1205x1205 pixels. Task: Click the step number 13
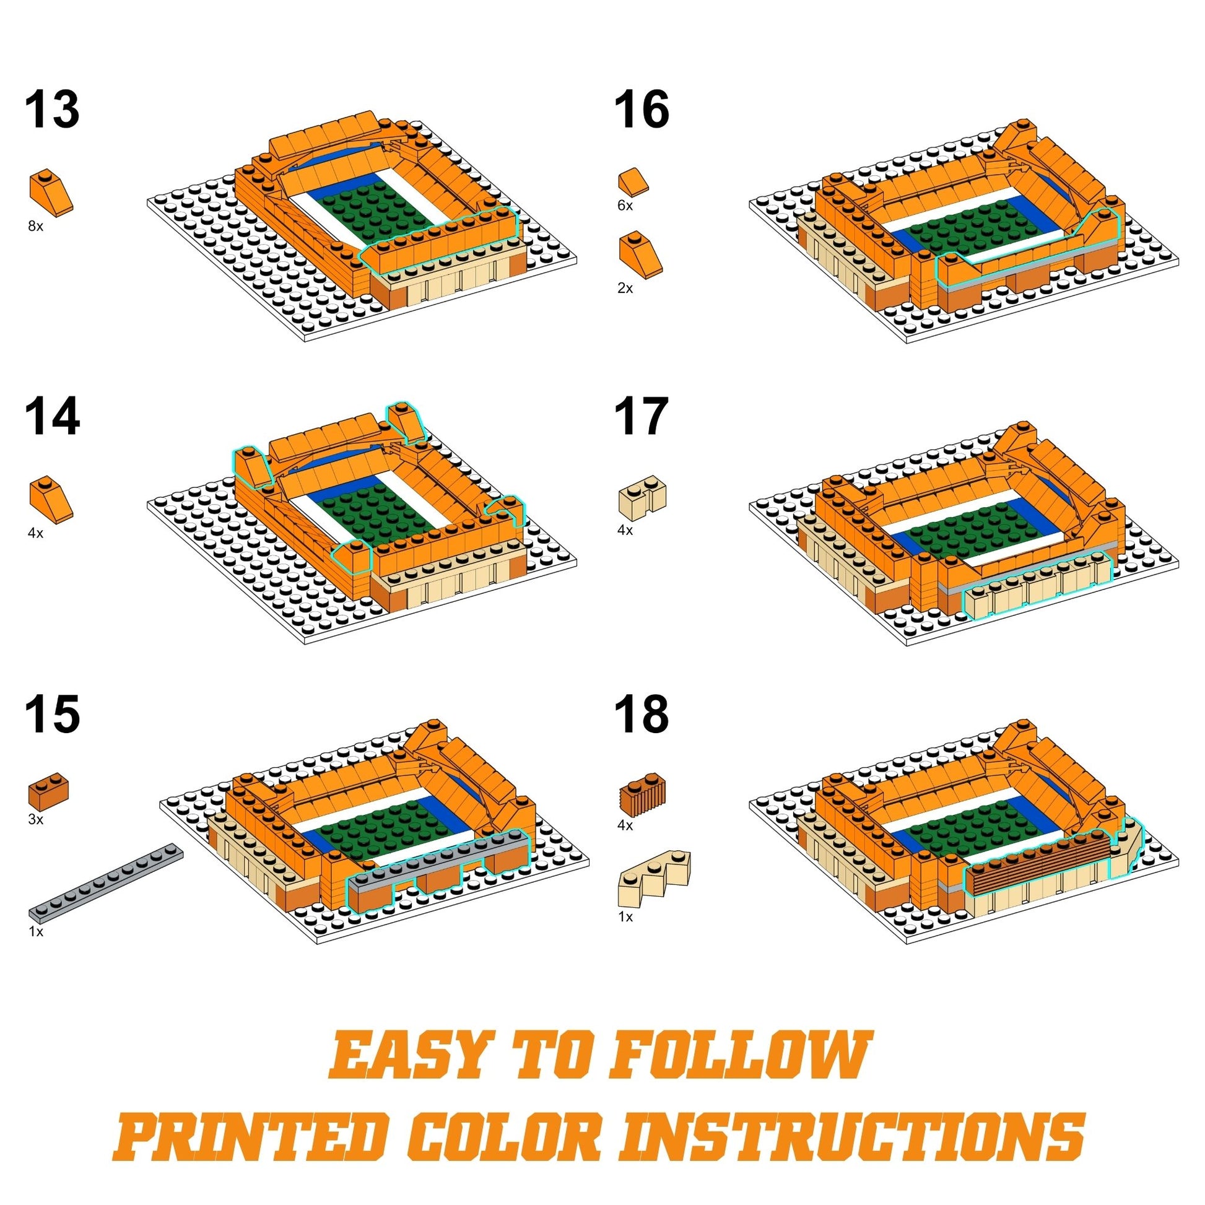[x=53, y=110]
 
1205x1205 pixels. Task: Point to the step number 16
[x=642, y=110]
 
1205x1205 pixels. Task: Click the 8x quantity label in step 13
[x=35, y=227]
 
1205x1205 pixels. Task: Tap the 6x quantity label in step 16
[x=625, y=206]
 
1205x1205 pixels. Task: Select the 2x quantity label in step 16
[x=625, y=288]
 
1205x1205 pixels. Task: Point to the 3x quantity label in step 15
[x=35, y=820]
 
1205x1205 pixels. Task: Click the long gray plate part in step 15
[x=106, y=881]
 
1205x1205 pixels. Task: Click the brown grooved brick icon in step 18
[x=642, y=793]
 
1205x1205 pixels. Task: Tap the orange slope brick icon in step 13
[x=52, y=193]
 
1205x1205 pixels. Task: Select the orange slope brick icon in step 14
[x=52, y=499]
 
